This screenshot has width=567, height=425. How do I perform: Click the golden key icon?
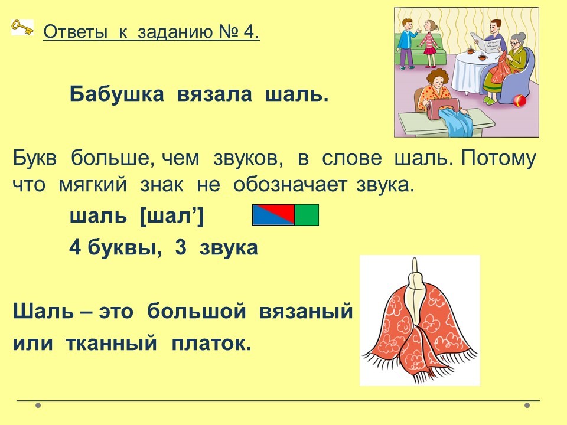point(22,28)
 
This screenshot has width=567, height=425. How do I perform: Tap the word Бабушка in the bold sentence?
point(116,94)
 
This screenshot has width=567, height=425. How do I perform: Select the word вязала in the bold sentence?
point(214,94)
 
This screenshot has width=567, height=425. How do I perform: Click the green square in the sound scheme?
point(307,215)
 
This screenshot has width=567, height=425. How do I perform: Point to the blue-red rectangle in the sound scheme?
point(273,215)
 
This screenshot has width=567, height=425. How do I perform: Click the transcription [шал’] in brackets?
point(172,217)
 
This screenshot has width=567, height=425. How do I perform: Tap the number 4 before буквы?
point(75,247)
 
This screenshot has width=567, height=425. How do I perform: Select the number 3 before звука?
point(181,247)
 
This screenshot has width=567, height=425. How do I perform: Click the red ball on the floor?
point(520,100)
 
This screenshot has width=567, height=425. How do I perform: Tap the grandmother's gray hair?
point(518,38)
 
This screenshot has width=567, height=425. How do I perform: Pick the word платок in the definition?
point(211,343)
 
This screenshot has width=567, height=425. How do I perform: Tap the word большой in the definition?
point(197,311)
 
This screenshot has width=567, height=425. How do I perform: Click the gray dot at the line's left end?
point(38,405)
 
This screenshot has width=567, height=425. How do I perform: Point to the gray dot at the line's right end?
point(527,405)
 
